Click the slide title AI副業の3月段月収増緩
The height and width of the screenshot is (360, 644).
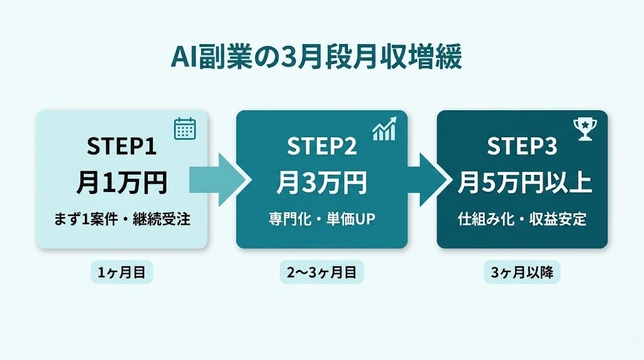click(316, 58)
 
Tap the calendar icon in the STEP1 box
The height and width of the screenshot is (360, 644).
click(185, 128)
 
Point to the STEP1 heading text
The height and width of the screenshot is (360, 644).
click(121, 147)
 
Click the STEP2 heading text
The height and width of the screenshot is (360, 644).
click(321, 147)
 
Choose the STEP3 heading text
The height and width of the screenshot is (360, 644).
click(522, 147)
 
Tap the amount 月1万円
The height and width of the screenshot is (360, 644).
click(121, 183)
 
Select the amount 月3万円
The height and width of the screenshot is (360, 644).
click(321, 183)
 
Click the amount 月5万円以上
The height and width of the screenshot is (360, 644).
click(522, 183)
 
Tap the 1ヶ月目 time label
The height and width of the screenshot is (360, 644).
click(122, 273)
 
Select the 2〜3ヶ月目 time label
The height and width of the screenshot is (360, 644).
click(321, 273)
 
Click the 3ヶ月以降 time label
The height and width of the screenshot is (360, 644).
click(522, 273)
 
